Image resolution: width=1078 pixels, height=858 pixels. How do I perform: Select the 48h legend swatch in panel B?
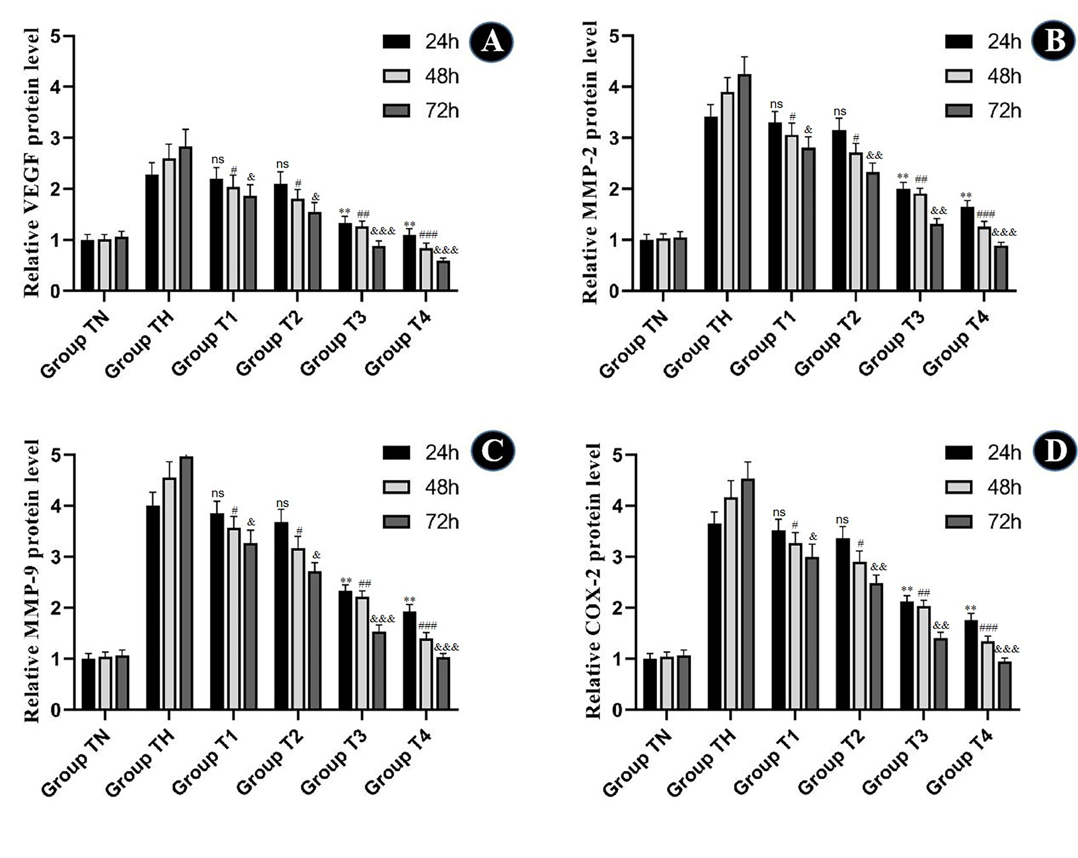coord(959,76)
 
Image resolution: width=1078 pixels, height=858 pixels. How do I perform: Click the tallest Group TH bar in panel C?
coord(186,583)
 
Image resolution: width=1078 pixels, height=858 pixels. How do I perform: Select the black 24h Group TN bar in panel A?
coord(88,265)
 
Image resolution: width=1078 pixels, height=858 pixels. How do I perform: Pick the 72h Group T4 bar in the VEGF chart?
coord(443,276)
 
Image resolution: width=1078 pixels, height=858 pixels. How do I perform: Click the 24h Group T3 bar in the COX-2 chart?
coord(907,656)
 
